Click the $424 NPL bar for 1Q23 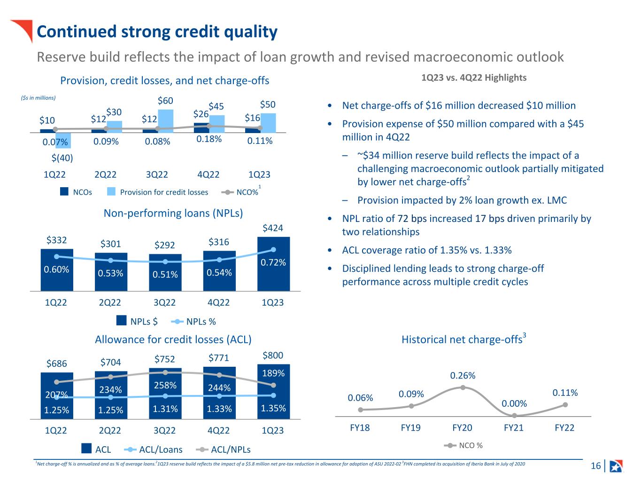coord(273,264)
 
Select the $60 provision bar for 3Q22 coord(166,121)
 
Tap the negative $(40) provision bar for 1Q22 coord(63,141)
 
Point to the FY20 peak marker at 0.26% coord(463,387)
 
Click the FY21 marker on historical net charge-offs coord(514,415)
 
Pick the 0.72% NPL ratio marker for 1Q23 coord(273,250)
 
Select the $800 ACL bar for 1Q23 coord(273,392)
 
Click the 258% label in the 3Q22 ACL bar coord(165,385)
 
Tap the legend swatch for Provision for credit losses coord(111,191)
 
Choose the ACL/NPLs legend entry coord(223,450)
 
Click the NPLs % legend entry coord(193,322)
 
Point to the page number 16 coord(596,465)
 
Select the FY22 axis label coord(564,428)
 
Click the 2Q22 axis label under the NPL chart coord(110,302)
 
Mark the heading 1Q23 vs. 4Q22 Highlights coord(474,78)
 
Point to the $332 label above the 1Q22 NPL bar coord(57,240)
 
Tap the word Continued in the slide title coord(77,32)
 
